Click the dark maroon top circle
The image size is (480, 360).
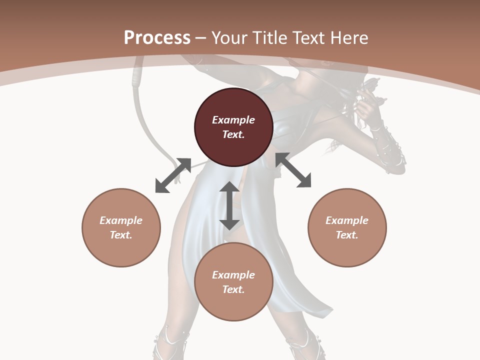pos(233,127)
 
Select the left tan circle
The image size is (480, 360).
pos(121,227)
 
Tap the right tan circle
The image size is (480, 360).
pos(347,227)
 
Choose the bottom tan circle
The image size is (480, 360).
pos(233,282)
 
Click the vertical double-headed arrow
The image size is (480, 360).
pos(229,205)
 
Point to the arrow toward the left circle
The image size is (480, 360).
pos(173,175)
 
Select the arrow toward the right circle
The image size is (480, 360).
pos(293,170)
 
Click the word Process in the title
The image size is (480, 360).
pos(157,37)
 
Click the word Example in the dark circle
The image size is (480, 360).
pos(233,120)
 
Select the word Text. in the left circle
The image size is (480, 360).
pos(121,235)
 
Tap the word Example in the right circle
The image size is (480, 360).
pos(347,220)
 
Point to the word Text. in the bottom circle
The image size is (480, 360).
pos(233,289)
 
